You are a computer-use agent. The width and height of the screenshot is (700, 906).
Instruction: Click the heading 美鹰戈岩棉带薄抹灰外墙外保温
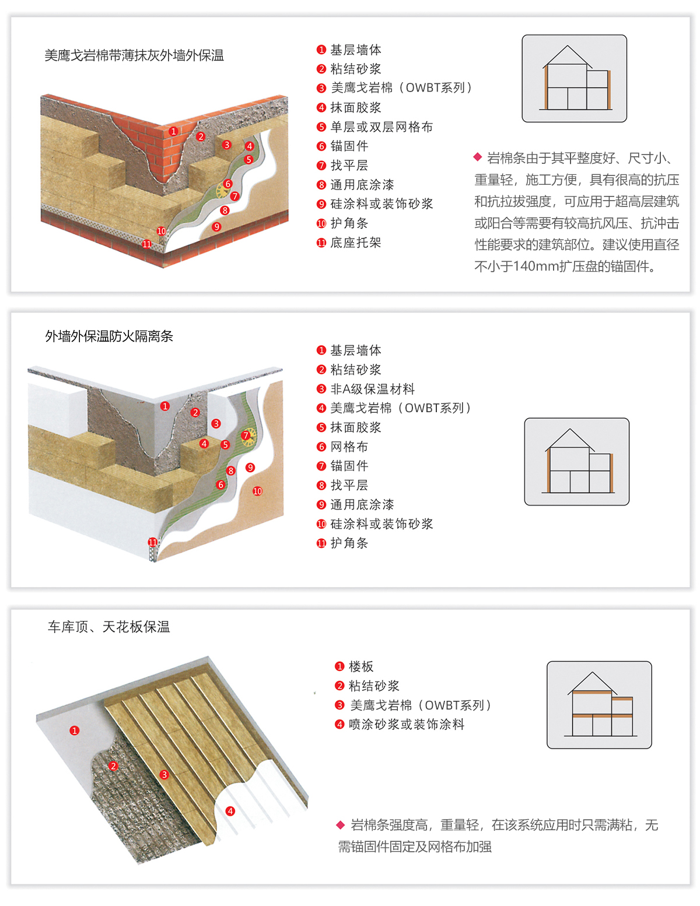[x=134, y=55]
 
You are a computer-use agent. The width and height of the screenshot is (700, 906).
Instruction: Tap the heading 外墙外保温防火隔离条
[x=109, y=336]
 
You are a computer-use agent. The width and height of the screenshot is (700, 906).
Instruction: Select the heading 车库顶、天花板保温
[x=108, y=627]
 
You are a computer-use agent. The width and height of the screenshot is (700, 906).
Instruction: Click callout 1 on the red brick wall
[x=173, y=132]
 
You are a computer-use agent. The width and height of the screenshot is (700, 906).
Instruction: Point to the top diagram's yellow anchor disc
[x=223, y=189]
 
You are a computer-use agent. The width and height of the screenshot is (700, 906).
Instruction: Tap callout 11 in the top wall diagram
[x=147, y=244]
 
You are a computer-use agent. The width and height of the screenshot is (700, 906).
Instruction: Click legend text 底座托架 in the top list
[x=355, y=243]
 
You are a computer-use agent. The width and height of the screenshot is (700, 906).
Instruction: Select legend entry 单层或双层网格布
[x=381, y=127]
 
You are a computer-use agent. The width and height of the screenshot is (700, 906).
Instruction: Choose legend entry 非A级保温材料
[x=372, y=389]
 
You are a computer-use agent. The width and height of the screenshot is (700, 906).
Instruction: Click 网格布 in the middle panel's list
[x=349, y=447]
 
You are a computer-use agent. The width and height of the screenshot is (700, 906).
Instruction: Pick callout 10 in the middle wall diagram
[x=257, y=491]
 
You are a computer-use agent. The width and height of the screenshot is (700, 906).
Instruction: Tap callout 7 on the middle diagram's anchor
[x=246, y=436]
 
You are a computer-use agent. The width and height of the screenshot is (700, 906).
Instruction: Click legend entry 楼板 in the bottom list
[x=360, y=666]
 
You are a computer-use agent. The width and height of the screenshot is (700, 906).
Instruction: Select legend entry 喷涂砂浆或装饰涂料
[x=406, y=724]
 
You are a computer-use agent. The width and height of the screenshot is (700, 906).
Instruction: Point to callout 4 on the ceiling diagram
[x=230, y=811]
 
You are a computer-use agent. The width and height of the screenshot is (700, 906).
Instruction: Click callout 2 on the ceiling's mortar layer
[x=114, y=766]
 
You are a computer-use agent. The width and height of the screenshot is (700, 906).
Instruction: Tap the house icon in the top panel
[x=574, y=79]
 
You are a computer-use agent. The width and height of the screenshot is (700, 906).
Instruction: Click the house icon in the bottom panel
[x=599, y=705]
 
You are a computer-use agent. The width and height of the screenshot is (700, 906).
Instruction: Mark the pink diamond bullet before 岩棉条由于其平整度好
[x=478, y=157]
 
